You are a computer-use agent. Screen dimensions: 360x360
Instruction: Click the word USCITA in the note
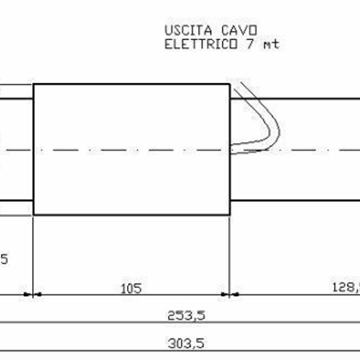(185, 30)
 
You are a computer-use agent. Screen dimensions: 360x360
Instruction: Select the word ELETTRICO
(198, 44)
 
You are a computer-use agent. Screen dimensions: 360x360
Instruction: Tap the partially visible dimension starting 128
(345, 287)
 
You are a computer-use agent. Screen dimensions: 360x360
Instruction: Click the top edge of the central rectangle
(133, 84)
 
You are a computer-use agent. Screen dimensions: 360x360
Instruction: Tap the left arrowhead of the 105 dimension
(39, 295)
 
